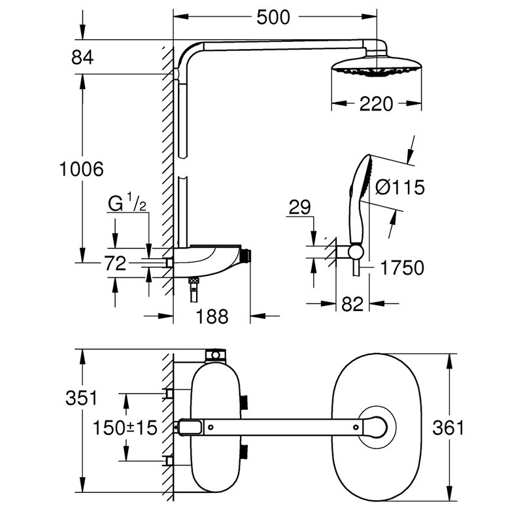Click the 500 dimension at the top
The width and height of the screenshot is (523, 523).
point(273,18)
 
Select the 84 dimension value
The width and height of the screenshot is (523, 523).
point(82,58)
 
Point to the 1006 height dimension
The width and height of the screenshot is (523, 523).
point(81,169)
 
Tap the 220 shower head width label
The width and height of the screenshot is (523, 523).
point(377,104)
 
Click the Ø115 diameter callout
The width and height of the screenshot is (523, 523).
point(400,187)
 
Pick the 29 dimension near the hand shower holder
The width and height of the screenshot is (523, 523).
point(299,207)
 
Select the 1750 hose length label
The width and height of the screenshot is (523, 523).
point(402,268)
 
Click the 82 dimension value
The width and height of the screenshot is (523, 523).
point(352,304)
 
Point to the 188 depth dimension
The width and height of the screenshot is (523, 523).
point(212,316)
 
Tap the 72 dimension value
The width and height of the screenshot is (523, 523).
point(116,263)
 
